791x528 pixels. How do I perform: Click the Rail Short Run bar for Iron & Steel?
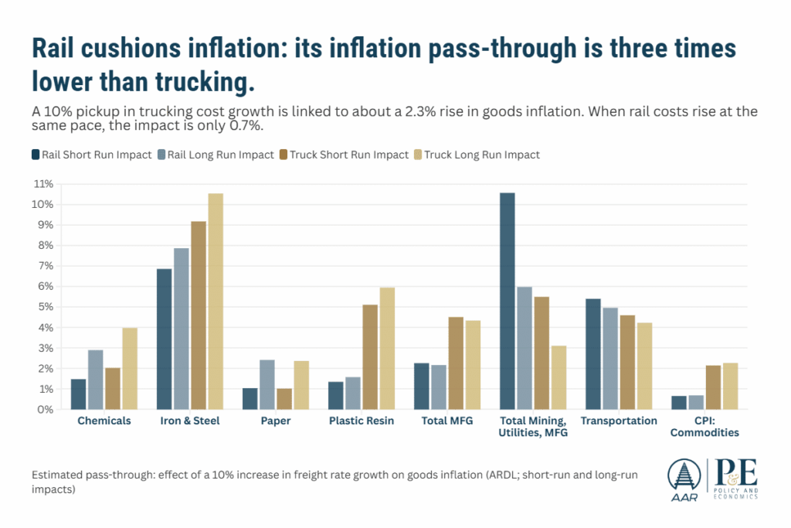click(x=164, y=339)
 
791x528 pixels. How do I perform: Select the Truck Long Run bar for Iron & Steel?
click(x=216, y=301)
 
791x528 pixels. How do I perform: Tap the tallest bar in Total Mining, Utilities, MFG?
click(x=507, y=301)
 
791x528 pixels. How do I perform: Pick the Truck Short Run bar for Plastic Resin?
click(x=370, y=356)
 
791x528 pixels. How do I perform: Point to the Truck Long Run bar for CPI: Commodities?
click(x=731, y=386)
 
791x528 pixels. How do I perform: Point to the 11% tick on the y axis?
click(x=43, y=184)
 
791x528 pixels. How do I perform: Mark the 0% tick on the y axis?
click(x=43, y=410)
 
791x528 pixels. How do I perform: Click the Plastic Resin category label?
click(x=362, y=421)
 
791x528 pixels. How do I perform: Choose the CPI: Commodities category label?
click(x=704, y=427)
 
